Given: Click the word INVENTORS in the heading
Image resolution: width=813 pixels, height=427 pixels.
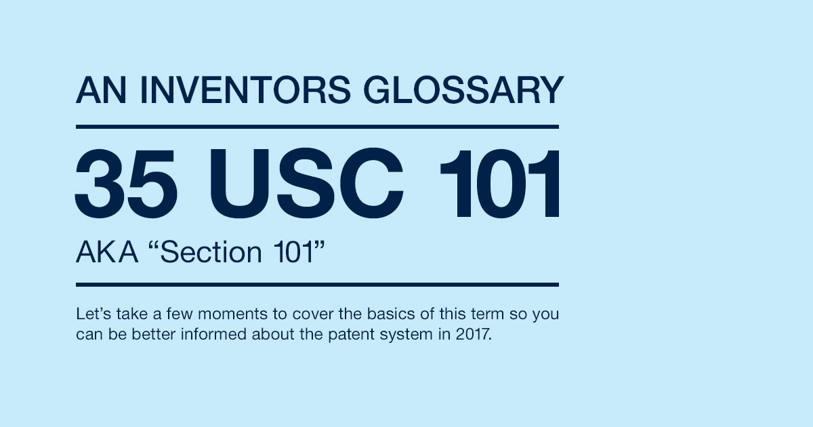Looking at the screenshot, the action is (x=245, y=89).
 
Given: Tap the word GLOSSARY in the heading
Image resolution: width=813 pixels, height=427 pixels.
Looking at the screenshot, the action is (x=463, y=89).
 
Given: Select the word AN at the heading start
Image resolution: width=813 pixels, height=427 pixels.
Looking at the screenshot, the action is (x=101, y=89).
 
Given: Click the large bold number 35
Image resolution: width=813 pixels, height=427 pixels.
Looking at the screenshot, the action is (x=126, y=183).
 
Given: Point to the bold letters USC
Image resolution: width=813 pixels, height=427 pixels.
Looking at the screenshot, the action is (x=306, y=183).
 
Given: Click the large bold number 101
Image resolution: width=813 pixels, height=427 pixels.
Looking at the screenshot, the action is (x=500, y=183).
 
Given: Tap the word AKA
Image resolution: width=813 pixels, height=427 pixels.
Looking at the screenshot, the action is (x=107, y=252).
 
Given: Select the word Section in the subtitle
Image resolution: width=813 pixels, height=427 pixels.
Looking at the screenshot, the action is (x=211, y=252).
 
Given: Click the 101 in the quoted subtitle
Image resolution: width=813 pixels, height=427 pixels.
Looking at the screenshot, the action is (x=293, y=252).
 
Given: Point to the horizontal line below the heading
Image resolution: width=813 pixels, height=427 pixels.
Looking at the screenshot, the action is (x=317, y=127).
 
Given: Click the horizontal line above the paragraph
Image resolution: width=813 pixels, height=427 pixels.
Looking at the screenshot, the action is (x=317, y=285).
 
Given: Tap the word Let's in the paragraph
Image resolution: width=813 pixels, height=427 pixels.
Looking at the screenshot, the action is (x=93, y=314).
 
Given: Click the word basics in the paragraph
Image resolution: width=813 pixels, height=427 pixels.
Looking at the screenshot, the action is (x=390, y=314).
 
